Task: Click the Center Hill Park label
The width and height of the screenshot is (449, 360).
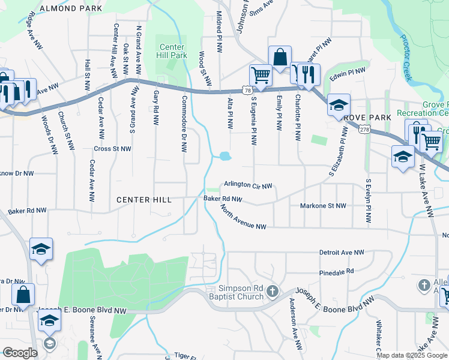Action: coord(172,50)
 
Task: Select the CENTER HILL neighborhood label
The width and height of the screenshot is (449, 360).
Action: coord(144,199)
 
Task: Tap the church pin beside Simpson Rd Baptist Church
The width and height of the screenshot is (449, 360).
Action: coord(273,292)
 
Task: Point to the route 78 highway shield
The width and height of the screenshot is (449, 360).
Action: coord(248,90)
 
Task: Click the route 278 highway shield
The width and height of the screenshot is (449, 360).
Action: coord(364,129)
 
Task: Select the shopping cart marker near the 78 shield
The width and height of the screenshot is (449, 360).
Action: coord(261,76)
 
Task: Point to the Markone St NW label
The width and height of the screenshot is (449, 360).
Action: coord(323,206)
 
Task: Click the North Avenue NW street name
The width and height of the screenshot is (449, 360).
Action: coord(243,218)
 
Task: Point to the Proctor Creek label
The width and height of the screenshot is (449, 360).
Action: coord(406,58)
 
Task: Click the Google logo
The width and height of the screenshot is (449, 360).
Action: coord(20,353)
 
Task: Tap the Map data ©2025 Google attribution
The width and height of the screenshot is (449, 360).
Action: coord(412,355)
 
